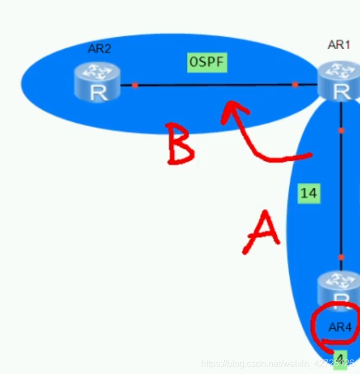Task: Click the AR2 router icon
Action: coord(98,83)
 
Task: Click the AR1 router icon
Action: coord(338,81)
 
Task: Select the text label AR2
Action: coord(99,49)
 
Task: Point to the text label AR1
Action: coord(339,45)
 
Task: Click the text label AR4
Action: coord(340,327)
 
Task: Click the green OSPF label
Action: coord(208,62)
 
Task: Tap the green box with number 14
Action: coord(308,193)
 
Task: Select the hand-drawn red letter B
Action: coord(180,144)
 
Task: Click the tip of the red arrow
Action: coord(228,104)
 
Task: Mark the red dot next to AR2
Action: coord(135,85)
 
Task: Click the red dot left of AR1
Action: coord(295,85)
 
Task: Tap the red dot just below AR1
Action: coord(341,130)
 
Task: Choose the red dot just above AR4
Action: coord(341,257)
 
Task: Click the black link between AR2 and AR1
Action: coord(215,85)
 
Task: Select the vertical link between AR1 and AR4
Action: coord(341,192)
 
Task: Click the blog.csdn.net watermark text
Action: coord(277,362)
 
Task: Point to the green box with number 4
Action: coord(340,358)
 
